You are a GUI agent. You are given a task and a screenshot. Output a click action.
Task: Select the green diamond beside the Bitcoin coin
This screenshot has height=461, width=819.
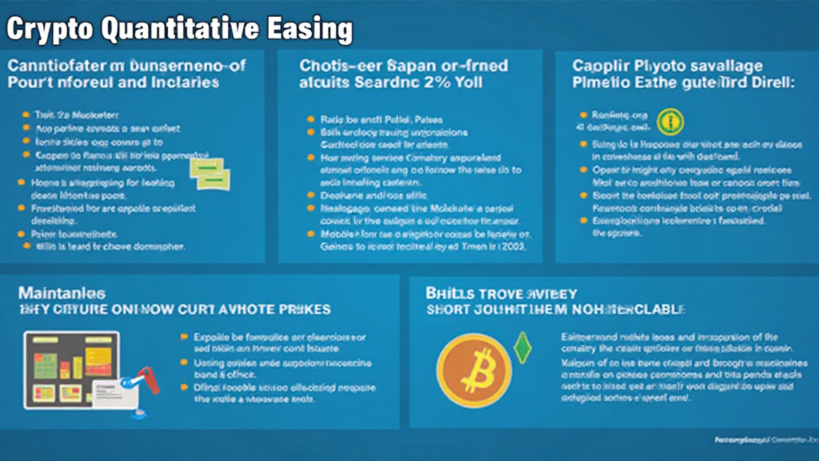[523, 347]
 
